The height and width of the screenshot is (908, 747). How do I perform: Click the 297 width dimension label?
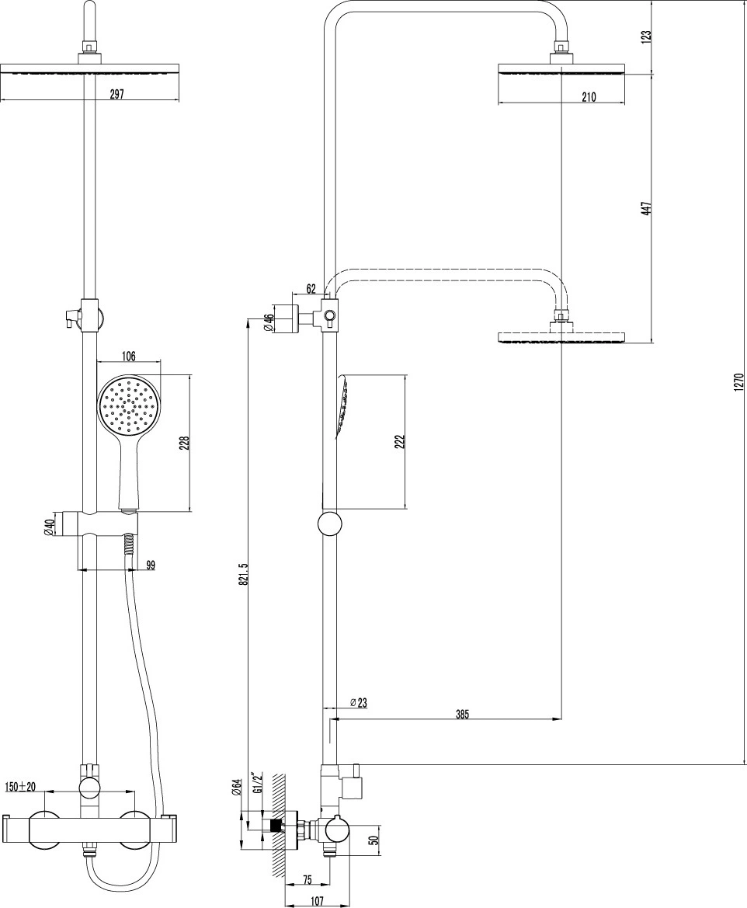117,94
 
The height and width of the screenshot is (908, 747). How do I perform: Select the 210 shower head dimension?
589,97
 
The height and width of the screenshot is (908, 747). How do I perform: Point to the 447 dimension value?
648,208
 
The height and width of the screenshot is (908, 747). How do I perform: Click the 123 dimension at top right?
648,36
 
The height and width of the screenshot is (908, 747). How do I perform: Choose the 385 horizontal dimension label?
461,714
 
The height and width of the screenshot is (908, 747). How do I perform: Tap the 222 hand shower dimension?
400,442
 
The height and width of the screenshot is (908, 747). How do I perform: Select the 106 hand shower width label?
128,356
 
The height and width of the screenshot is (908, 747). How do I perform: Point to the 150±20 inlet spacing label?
20,787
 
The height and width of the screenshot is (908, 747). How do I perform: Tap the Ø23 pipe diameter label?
359,703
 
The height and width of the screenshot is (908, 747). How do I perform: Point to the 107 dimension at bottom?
317,901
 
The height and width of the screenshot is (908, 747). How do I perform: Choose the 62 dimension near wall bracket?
311,288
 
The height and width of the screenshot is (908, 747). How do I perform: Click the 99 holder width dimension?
151,565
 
